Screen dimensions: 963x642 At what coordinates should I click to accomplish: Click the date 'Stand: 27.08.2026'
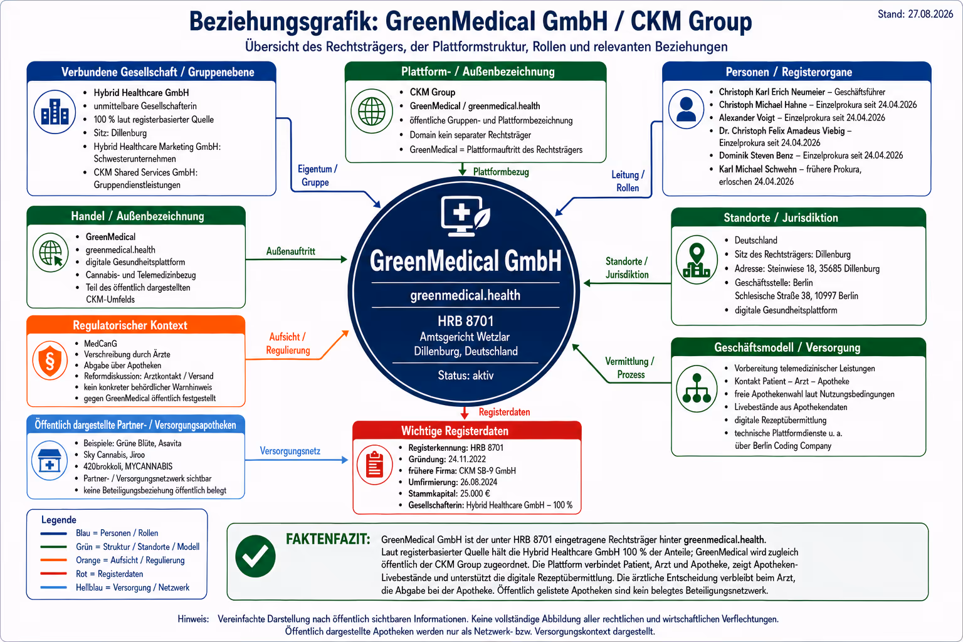(915, 14)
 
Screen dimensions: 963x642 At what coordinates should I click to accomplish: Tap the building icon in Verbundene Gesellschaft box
(55, 112)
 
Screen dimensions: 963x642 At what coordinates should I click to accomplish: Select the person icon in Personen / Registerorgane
(686, 109)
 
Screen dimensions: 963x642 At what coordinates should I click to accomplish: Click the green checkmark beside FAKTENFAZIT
(255, 556)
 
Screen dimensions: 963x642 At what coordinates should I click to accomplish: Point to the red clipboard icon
(374, 465)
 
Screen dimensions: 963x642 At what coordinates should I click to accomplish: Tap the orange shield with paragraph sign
(50, 360)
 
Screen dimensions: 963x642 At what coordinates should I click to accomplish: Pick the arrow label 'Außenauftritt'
(291, 251)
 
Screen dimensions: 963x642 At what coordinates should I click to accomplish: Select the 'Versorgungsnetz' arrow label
(290, 451)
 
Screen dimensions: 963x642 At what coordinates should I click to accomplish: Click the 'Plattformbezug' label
(501, 172)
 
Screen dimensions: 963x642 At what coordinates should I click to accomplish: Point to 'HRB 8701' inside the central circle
(466, 321)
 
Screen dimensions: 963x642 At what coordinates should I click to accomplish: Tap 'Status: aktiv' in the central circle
(466, 376)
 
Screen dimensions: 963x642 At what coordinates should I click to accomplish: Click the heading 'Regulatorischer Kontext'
(130, 325)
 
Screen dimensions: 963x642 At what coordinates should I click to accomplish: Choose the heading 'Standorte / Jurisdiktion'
(781, 218)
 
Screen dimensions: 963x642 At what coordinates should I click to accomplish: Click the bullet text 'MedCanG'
(100, 344)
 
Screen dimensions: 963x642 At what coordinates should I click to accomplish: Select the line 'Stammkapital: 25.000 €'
(450, 493)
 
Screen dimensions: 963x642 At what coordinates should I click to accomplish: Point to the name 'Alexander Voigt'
(747, 117)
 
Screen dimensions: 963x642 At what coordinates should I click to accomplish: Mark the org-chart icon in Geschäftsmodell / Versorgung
(697, 388)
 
